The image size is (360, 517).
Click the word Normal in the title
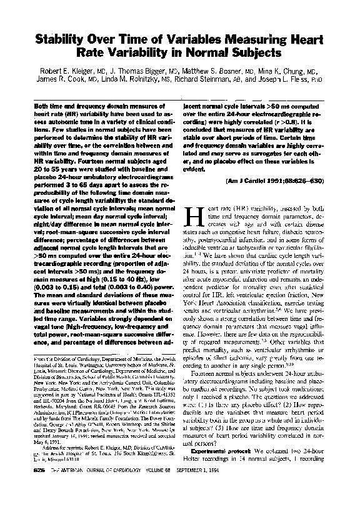[228, 54]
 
